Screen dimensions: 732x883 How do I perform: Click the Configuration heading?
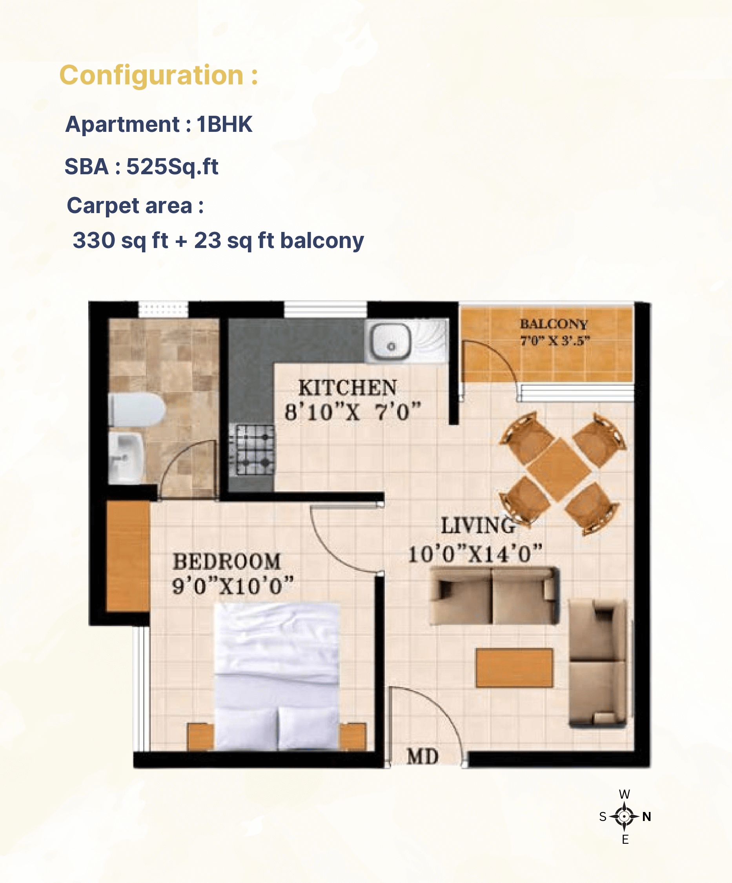point(158,75)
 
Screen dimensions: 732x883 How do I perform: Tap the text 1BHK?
point(224,124)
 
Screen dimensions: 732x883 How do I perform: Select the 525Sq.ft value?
point(172,166)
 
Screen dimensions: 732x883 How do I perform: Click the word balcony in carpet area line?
point(322,241)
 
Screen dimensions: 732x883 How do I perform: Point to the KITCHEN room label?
point(348,387)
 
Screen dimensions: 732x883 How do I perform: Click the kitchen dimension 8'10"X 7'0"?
point(353,412)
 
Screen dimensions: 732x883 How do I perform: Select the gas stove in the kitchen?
point(252,449)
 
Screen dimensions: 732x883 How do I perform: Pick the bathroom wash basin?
point(126,458)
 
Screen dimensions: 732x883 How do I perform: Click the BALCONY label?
point(554,324)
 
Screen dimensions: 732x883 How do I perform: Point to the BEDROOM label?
point(226,561)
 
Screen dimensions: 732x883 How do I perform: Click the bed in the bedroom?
point(277,677)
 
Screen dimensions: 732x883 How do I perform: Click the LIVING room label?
point(478,525)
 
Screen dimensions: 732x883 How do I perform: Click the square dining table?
point(559,470)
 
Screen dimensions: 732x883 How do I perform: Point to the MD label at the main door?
point(422,757)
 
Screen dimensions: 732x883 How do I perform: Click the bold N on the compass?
point(647,817)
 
